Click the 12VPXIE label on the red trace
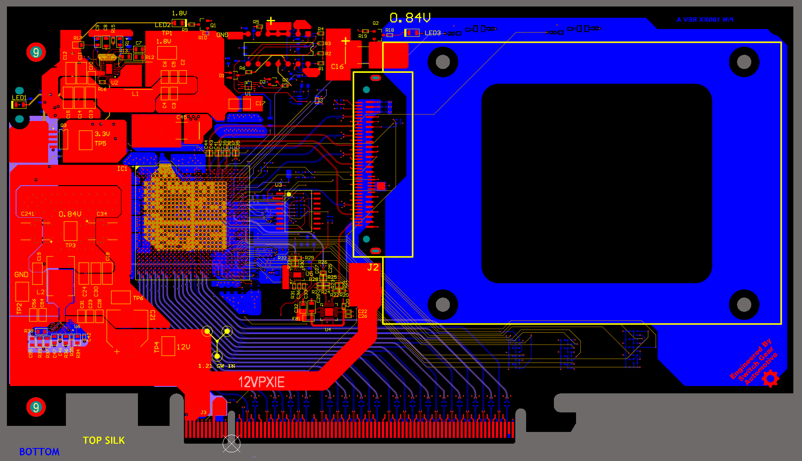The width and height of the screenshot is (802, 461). [261, 382]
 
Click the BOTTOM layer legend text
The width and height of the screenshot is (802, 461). [39, 452]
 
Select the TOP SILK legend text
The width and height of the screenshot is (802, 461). [104, 441]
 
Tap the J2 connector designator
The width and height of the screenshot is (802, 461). [373, 268]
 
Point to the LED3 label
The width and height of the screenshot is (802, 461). [432, 33]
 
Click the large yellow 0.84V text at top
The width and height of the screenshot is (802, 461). [410, 18]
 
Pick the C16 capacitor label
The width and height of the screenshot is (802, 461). [337, 67]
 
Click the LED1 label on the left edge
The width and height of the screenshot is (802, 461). [19, 98]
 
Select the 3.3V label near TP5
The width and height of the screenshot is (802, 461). [102, 134]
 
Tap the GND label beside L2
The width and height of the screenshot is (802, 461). [21, 275]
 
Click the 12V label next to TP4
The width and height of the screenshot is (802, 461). [183, 347]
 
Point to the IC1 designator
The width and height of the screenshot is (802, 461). [122, 169]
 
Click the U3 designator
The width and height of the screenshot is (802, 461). [278, 185]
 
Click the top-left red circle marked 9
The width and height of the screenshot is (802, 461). [36, 52]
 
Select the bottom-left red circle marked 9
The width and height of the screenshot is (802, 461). [36, 407]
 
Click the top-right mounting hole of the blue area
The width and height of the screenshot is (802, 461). [744, 62]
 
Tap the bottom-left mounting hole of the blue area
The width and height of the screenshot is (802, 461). [442, 304]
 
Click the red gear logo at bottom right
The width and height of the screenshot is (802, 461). [770, 379]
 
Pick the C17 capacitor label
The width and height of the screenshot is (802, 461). [260, 103]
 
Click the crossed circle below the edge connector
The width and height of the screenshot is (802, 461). [232, 443]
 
